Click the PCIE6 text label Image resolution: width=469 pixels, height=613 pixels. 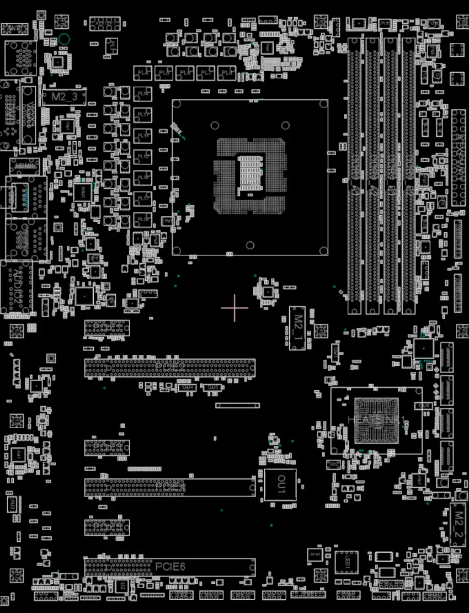click(170, 566)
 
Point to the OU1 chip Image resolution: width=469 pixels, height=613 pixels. click(280, 485)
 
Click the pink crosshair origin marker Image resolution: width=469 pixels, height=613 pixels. click(234, 308)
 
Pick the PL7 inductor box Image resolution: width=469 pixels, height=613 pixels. click(205, 73)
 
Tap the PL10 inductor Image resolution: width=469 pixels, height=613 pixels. click(143, 94)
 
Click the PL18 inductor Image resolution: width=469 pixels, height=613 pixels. click(143, 219)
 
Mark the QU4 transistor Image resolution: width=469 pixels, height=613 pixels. click(188, 387)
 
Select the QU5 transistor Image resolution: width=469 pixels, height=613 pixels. click(213, 388)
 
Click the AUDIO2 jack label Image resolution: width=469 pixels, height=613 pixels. click(17, 287)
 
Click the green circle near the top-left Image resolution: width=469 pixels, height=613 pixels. click(63, 39)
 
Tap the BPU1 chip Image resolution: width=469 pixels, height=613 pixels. click(315, 553)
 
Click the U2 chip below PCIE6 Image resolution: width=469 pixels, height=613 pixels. click(122, 585)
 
